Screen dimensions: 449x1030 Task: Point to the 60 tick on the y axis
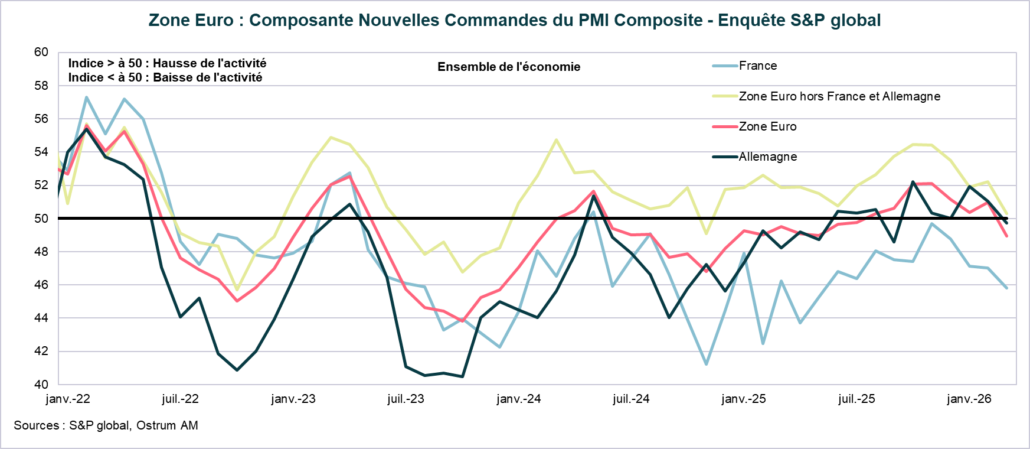(x=41, y=52)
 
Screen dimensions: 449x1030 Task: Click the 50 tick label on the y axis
(x=41, y=219)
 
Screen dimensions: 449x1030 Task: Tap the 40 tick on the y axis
(x=41, y=385)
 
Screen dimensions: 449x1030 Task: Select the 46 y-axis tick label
(x=41, y=285)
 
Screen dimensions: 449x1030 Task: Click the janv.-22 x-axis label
(x=68, y=399)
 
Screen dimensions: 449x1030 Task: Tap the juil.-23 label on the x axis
(x=406, y=399)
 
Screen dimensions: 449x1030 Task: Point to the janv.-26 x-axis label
(x=969, y=399)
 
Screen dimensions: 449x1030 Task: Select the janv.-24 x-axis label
(x=518, y=399)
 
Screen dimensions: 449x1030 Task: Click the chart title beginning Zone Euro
(x=514, y=21)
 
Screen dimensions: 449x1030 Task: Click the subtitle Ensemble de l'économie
(x=509, y=67)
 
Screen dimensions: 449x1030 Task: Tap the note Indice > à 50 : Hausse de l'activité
(x=167, y=63)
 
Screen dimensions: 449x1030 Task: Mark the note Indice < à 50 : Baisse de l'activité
(x=165, y=77)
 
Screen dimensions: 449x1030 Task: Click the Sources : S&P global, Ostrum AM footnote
(x=106, y=425)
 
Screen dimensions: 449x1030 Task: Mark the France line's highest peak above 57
(x=87, y=97)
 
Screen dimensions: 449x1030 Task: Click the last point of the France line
(x=1006, y=288)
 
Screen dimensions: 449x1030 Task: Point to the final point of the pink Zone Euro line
(x=1006, y=236)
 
